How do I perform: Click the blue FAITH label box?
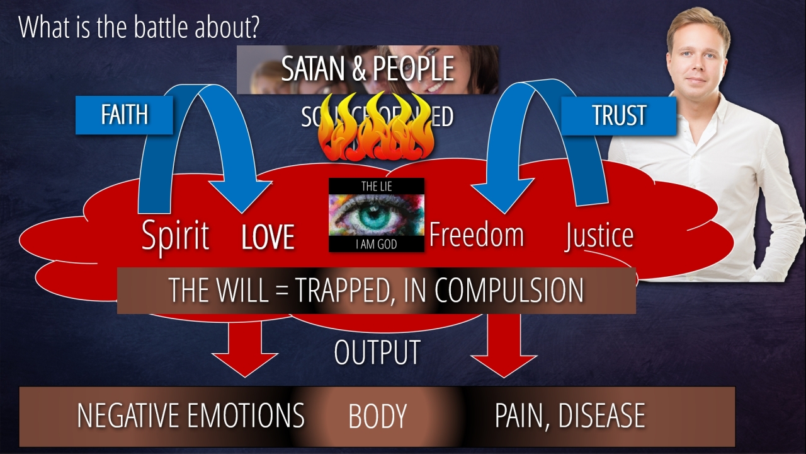pyautogui.click(x=124, y=115)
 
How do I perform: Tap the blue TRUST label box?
pyautogui.click(x=618, y=115)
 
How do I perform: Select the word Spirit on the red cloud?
pyautogui.click(x=175, y=236)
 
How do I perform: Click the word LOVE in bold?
pyautogui.click(x=268, y=238)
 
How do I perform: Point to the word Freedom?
pyautogui.click(x=477, y=235)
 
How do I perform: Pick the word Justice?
pyautogui.click(x=599, y=236)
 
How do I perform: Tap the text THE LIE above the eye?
pyautogui.click(x=376, y=186)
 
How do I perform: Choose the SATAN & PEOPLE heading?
pyautogui.click(x=368, y=69)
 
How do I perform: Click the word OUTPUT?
pyautogui.click(x=377, y=352)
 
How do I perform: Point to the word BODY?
pyautogui.click(x=377, y=417)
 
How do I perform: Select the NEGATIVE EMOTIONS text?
pyautogui.click(x=190, y=416)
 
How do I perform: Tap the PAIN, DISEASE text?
pyautogui.click(x=570, y=416)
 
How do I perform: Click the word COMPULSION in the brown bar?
pyautogui.click(x=509, y=290)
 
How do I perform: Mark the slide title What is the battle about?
pyautogui.click(x=140, y=27)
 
